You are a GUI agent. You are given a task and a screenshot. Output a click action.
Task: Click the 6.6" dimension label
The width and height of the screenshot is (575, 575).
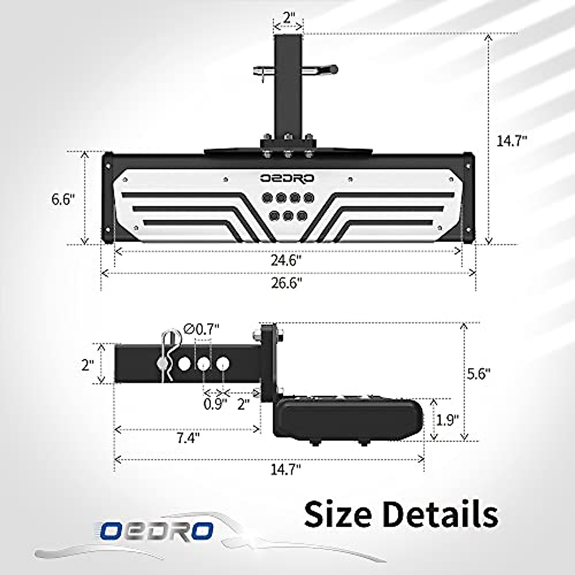coord(63,199)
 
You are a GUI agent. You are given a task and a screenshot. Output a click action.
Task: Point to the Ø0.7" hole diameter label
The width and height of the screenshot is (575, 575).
coord(202,329)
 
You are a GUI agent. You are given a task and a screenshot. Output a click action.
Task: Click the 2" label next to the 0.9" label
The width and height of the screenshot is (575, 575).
coord(243,404)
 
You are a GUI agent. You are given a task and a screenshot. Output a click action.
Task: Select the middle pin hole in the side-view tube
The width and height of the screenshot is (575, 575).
coord(203,365)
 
